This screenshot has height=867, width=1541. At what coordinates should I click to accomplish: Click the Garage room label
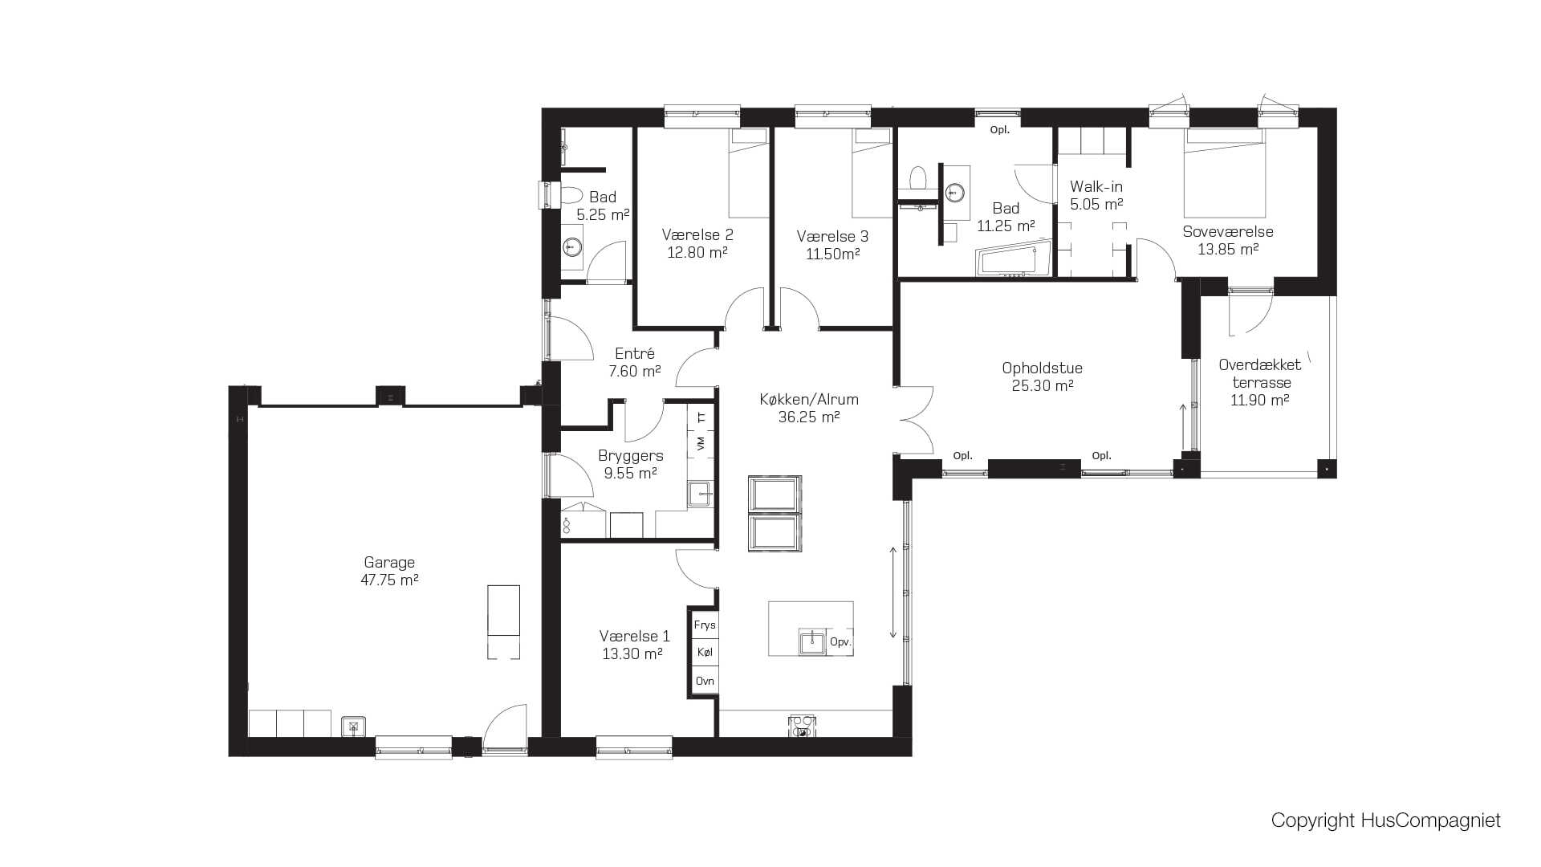click(x=389, y=563)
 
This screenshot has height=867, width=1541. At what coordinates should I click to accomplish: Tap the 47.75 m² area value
click(x=389, y=580)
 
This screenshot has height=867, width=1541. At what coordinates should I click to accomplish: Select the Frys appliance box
click(x=705, y=625)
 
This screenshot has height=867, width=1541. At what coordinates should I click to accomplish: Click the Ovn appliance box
click(x=705, y=681)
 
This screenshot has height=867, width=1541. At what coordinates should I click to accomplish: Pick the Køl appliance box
click(x=705, y=653)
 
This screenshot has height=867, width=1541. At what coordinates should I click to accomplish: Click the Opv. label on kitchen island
click(x=840, y=642)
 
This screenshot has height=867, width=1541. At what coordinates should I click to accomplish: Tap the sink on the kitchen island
click(x=812, y=641)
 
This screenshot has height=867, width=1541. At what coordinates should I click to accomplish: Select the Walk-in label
click(x=1096, y=186)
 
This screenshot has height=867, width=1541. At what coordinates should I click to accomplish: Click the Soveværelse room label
click(x=1228, y=231)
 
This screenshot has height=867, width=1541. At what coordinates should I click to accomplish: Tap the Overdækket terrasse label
click(x=1260, y=373)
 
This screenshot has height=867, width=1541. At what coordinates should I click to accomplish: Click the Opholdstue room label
click(x=1042, y=368)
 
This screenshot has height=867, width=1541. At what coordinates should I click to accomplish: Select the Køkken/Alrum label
click(x=809, y=399)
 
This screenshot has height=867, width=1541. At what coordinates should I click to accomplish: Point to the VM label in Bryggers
click(x=701, y=443)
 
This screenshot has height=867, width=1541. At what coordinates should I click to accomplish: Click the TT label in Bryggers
click(x=701, y=417)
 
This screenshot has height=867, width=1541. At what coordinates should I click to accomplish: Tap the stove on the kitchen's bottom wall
click(x=802, y=727)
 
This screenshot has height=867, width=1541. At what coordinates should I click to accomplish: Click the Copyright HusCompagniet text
click(x=1385, y=820)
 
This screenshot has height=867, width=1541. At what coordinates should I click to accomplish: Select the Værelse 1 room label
click(x=634, y=636)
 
